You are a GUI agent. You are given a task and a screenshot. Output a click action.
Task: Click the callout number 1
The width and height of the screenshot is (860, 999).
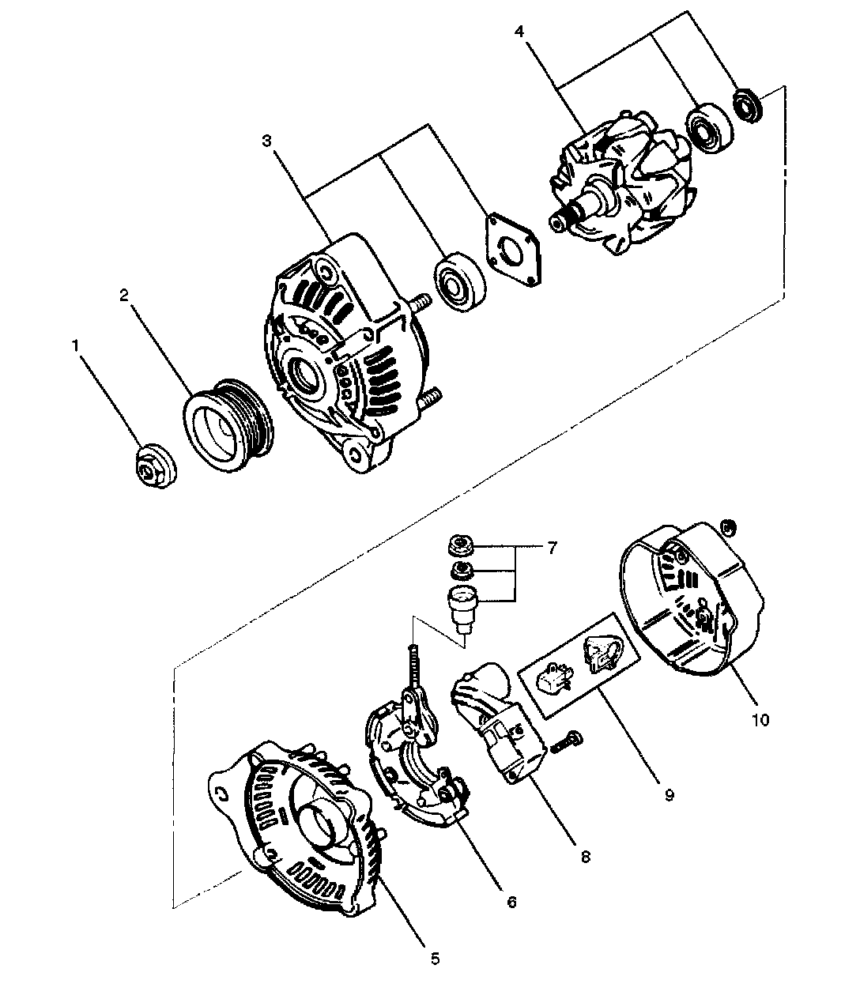[75, 345]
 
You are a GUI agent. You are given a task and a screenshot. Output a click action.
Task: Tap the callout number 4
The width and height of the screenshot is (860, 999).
[519, 32]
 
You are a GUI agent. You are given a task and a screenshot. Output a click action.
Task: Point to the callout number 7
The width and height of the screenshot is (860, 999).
[552, 548]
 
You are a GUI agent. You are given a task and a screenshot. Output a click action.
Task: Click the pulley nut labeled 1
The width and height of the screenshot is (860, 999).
[154, 465]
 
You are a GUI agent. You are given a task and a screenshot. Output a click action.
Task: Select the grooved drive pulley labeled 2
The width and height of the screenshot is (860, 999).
[228, 424]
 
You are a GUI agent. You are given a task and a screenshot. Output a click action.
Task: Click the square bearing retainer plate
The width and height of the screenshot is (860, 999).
[513, 251]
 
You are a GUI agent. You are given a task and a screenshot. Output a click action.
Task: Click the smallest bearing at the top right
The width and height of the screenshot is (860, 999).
[748, 105]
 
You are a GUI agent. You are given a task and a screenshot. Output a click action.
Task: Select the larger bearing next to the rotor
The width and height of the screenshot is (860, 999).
[710, 128]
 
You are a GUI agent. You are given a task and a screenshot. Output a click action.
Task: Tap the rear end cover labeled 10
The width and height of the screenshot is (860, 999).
[692, 599]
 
